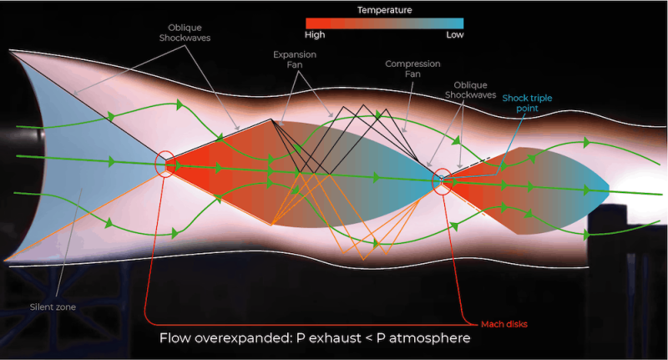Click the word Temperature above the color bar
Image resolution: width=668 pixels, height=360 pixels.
[384, 10]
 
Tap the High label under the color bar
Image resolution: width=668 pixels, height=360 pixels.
[316, 35]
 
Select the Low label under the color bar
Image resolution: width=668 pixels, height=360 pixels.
[453, 35]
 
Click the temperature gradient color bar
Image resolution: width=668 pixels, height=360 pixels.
[384, 23]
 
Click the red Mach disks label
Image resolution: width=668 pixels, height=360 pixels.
[504, 323]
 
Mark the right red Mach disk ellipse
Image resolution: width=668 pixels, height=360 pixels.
[443, 180]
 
